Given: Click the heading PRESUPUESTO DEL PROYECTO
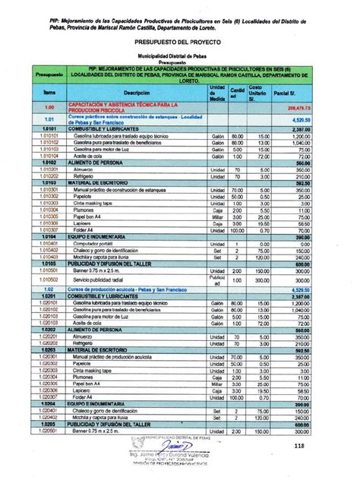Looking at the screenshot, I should pyautogui.click(x=180, y=46).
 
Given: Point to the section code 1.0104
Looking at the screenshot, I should pyautogui.click(x=45, y=237).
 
